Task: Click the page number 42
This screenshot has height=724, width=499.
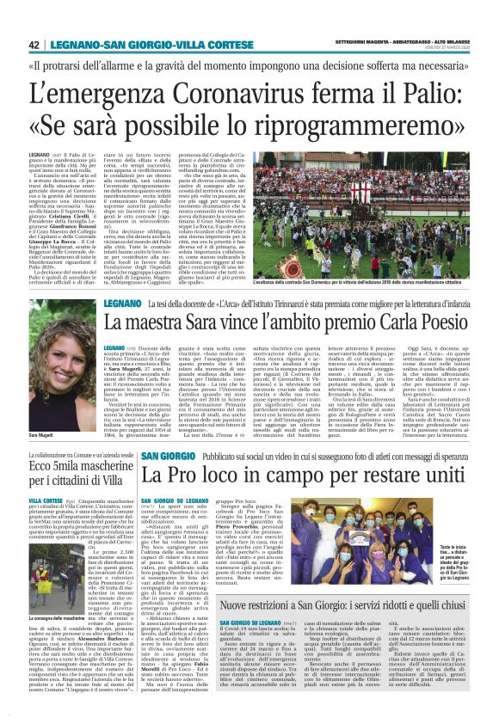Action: tap(34, 45)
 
